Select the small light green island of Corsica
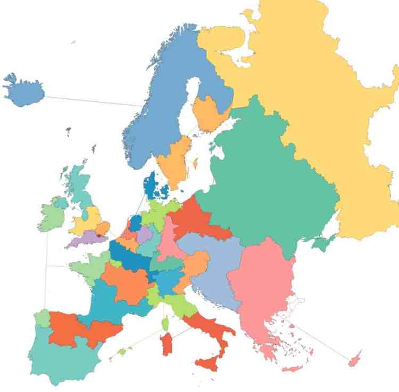tap(165, 323)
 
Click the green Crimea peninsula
tap(321, 243)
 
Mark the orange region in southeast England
tap(103, 228)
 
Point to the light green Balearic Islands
tap(122, 351)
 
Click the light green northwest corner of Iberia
tap(41, 318)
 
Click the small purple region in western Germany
tap(144, 234)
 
